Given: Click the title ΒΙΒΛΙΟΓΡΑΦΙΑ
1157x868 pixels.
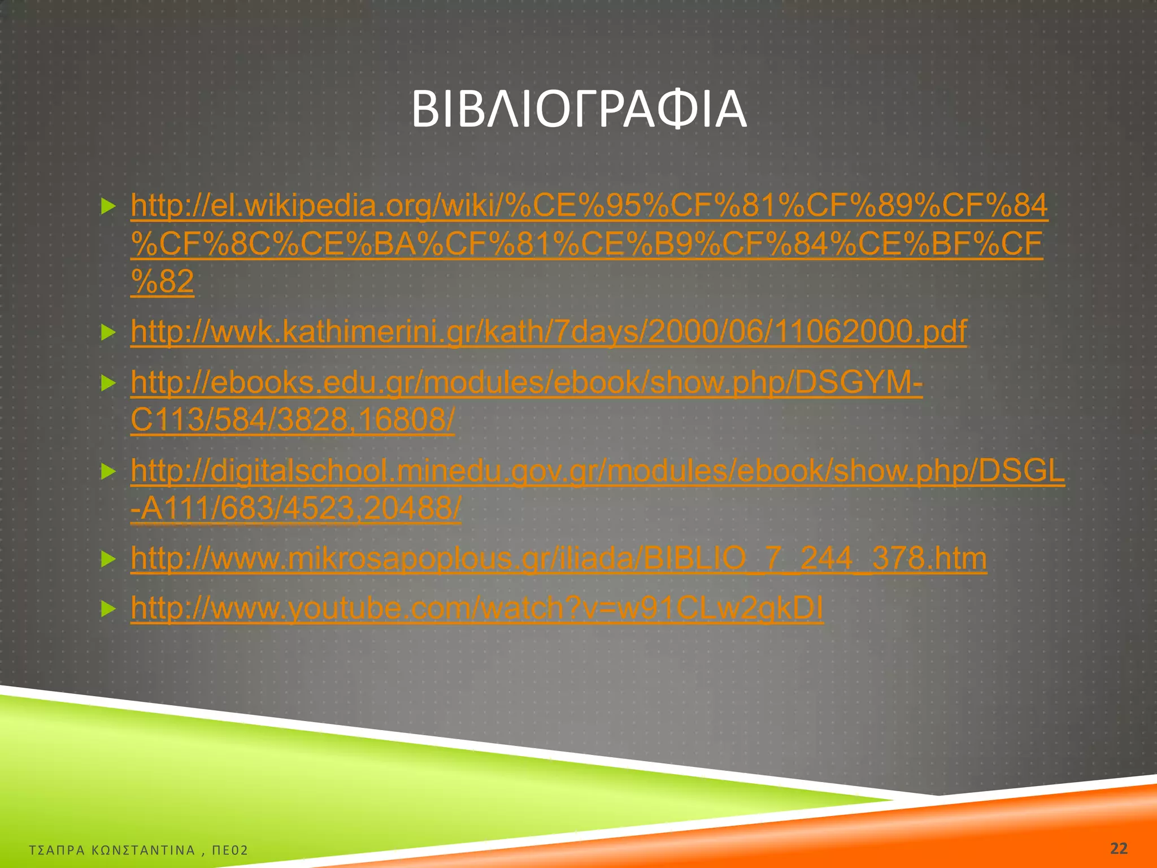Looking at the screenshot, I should [578, 109].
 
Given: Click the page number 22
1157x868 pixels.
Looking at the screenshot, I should [1118, 848].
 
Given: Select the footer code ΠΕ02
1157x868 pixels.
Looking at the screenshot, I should [230, 850].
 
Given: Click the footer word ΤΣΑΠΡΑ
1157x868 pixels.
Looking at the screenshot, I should [56, 850].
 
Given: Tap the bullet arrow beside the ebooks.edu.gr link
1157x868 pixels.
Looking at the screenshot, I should [107, 384].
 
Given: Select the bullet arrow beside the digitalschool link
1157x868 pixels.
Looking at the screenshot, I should [107, 471].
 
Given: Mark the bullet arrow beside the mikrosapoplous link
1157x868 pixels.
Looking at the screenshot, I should [107, 559].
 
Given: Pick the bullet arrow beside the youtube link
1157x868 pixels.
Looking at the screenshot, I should [107, 609].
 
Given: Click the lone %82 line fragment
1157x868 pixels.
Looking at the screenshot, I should [162, 281].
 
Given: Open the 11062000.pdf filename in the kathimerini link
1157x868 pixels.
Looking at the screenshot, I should [870, 332].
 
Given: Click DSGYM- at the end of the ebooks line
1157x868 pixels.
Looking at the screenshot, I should [859, 383].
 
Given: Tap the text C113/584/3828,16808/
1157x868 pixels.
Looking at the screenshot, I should [292, 420].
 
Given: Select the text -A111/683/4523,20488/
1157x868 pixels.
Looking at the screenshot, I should [295, 509].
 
